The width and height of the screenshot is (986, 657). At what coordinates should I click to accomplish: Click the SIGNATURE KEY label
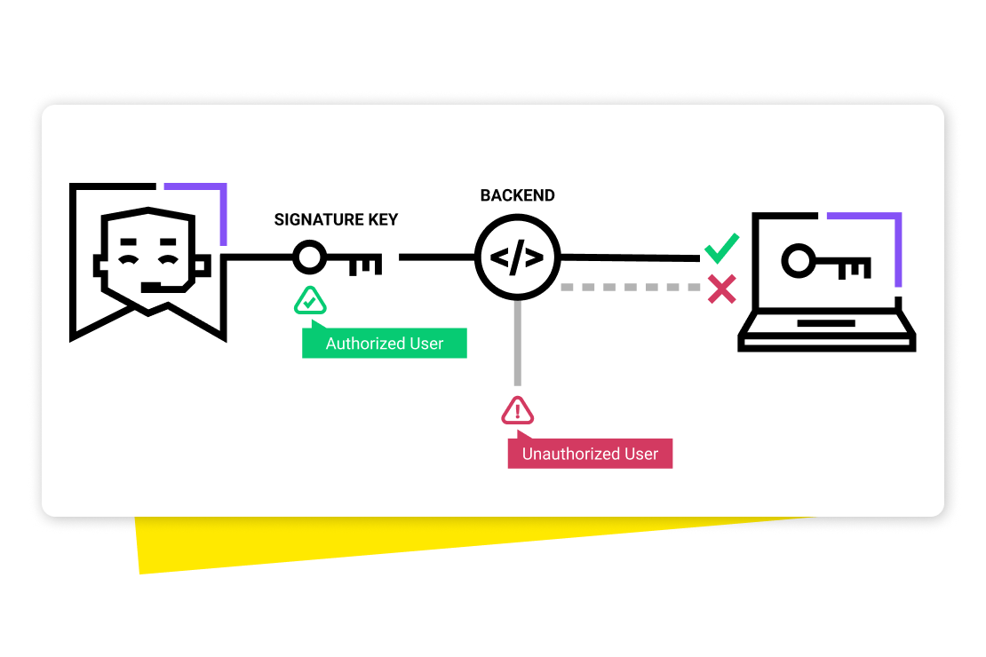tap(336, 219)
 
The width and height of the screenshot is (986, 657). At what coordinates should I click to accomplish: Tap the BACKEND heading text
tap(517, 195)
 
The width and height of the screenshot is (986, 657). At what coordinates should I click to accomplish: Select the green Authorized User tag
tap(385, 344)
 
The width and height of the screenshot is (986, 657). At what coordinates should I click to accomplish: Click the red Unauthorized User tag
tap(590, 454)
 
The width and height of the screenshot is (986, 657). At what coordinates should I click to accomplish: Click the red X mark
tap(721, 289)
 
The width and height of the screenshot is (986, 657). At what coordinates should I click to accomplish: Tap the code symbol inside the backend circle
tap(517, 258)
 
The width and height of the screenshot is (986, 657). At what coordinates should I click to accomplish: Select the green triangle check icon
tap(310, 302)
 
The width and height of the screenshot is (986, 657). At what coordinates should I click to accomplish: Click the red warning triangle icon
tap(518, 411)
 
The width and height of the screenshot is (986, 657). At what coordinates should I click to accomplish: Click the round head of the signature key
tap(309, 257)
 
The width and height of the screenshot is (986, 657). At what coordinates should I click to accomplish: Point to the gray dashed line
tap(631, 288)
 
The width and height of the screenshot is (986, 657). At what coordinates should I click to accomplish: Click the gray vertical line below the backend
tap(517, 346)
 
